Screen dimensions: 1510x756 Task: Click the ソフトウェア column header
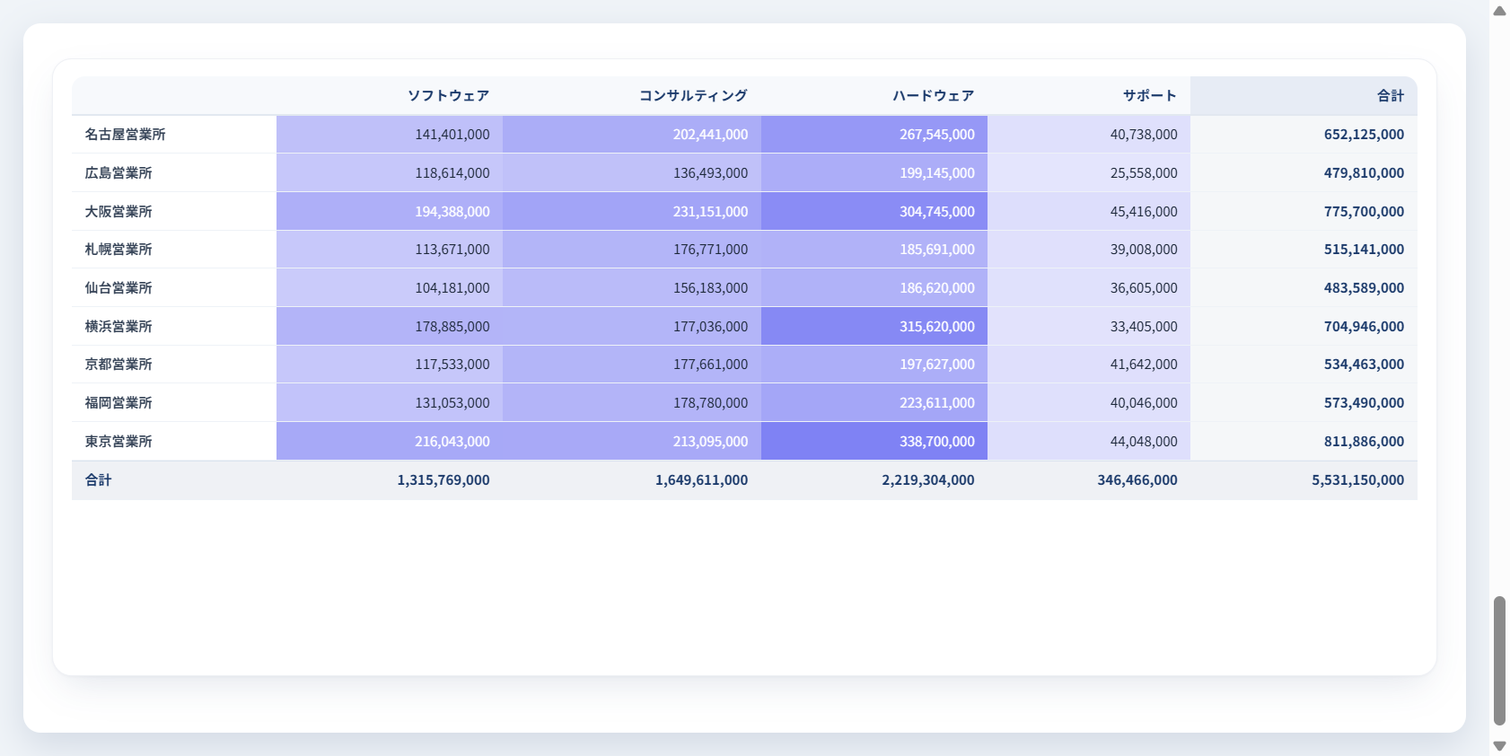448,96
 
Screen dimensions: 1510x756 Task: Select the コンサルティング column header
693,96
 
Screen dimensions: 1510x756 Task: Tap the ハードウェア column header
933,96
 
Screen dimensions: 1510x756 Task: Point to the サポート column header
1149,96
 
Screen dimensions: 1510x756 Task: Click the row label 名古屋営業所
126,134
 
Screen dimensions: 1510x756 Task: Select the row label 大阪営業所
119,211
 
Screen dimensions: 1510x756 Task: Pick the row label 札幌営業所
119,249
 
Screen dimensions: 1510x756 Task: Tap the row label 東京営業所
119,441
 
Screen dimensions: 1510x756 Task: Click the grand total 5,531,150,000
1357,480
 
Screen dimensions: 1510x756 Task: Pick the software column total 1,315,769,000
443,480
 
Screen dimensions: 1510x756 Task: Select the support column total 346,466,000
1137,480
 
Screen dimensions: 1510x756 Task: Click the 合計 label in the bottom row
99,480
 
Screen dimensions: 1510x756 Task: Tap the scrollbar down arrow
1499,746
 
